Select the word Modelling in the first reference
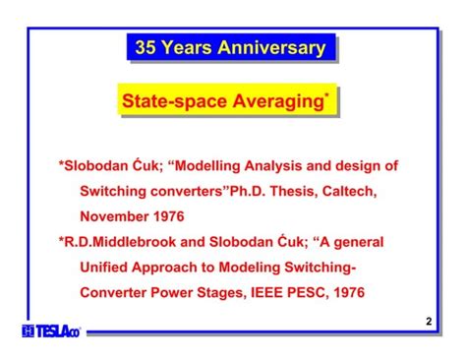click(214, 166)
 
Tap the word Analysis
click(289, 166)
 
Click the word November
click(116, 215)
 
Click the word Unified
click(106, 266)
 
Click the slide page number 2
click(429, 323)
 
